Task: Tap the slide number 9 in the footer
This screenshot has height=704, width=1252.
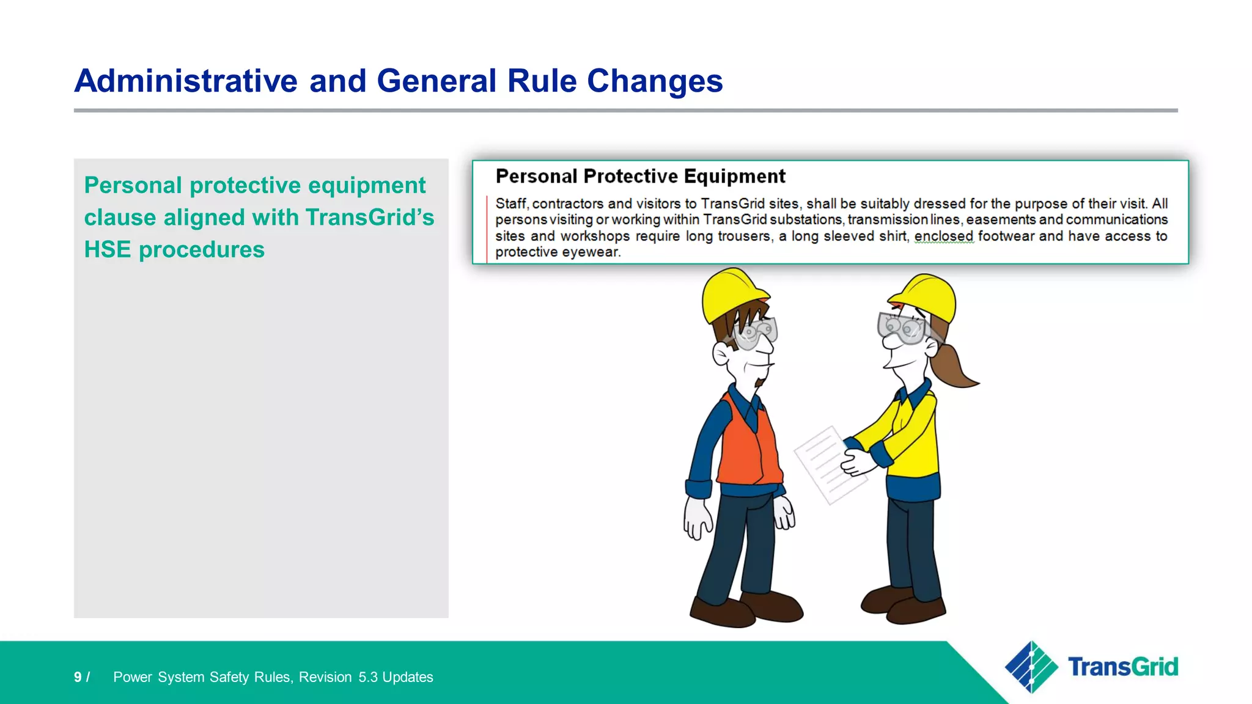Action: click(78, 677)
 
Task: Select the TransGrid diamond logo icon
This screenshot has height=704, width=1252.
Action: click(1031, 667)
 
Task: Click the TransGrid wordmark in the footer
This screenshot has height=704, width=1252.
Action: click(1122, 667)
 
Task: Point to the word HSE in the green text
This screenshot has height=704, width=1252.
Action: click(107, 250)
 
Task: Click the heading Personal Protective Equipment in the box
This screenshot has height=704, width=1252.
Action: click(640, 177)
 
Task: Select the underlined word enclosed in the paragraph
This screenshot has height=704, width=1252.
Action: click(943, 237)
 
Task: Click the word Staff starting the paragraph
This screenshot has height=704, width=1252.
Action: click(511, 204)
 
